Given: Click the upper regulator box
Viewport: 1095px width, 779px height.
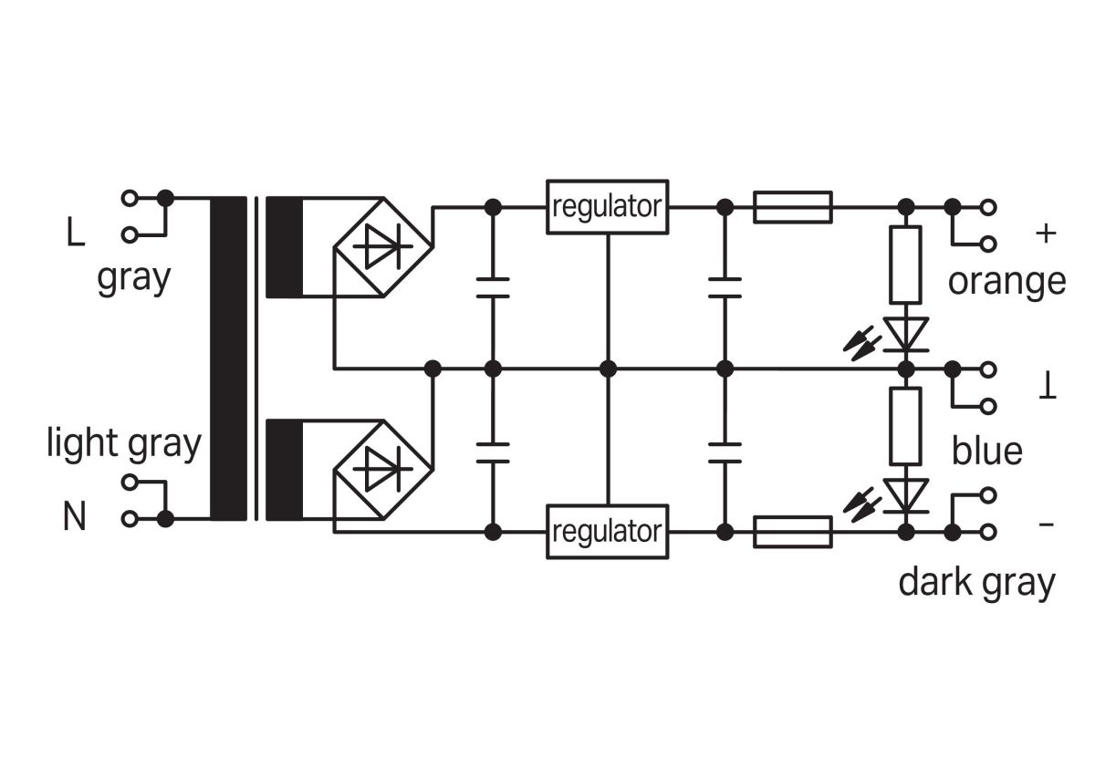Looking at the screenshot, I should (x=607, y=206).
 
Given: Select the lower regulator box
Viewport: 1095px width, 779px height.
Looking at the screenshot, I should (x=607, y=530).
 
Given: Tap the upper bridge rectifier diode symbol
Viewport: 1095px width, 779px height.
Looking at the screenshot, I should (x=383, y=244).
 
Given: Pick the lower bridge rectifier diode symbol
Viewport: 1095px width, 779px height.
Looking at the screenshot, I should (x=383, y=469).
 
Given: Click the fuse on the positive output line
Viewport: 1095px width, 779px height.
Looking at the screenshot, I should (x=792, y=207).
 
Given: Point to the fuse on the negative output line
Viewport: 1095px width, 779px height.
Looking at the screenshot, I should (x=792, y=531).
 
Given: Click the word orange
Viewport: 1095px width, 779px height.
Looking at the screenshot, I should (x=1006, y=281).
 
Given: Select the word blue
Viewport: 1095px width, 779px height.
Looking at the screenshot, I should (x=986, y=451).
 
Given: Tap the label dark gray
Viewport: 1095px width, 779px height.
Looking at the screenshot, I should (x=976, y=581).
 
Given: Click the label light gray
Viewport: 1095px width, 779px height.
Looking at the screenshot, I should (x=124, y=444).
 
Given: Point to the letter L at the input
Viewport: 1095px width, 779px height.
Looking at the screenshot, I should (x=75, y=234).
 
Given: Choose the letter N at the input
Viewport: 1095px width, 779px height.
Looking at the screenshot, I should (x=75, y=518).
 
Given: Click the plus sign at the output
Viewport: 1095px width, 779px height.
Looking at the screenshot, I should (x=1047, y=234).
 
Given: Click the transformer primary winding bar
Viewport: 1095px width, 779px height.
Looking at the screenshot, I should (x=228, y=358).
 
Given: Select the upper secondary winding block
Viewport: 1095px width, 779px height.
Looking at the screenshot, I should (x=284, y=246).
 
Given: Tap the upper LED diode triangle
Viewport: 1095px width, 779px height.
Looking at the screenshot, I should (x=906, y=334).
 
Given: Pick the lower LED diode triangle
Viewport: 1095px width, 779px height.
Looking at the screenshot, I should (x=906, y=495).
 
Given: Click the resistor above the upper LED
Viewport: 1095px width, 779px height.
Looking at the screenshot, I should (x=906, y=265).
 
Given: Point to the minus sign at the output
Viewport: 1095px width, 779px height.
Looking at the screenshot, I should (x=1047, y=525).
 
